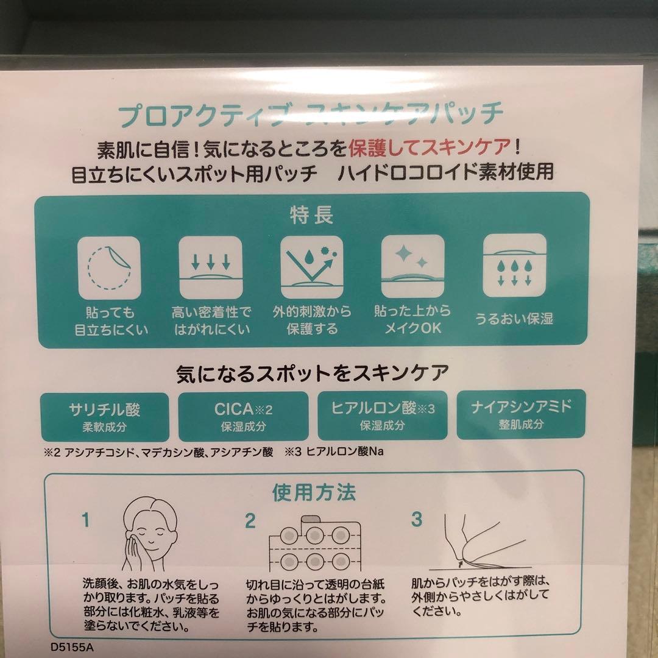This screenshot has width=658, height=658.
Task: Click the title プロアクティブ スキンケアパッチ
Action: pos(311,115)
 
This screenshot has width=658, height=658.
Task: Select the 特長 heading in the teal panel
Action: pos(311,216)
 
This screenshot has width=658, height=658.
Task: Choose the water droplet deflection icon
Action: pos(311,266)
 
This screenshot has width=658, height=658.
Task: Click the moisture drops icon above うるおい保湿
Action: pos(514,265)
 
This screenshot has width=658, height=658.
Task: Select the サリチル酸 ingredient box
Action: pos(104,416)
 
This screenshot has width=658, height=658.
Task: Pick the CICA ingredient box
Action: pos(243,416)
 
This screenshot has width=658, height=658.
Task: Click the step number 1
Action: pos(86,520)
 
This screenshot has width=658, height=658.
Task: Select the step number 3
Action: pos(417,519)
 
